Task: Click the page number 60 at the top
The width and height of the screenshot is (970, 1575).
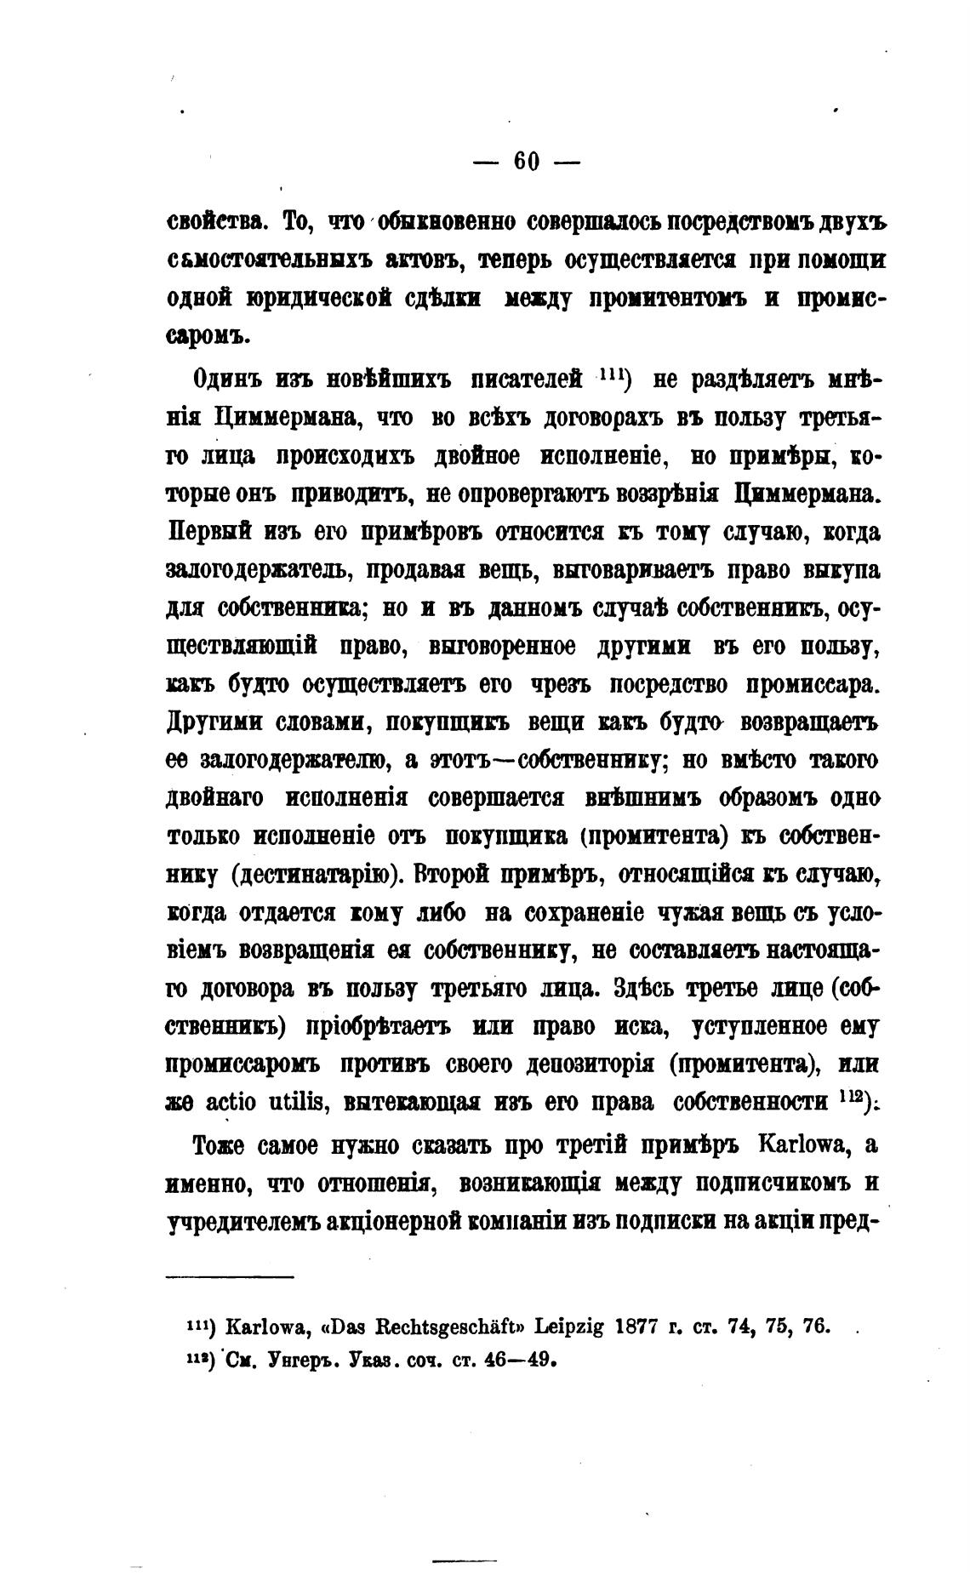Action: [527, 161]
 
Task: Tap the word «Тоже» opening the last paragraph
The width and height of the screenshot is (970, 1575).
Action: [220, 1145]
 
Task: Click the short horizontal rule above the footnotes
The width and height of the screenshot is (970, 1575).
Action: [229, 1276]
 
